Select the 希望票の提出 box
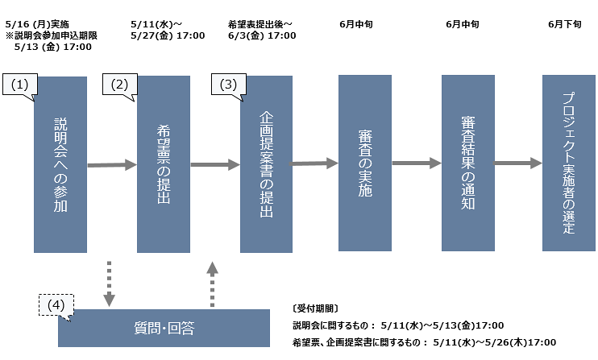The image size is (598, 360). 164,165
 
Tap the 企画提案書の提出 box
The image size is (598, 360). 267,165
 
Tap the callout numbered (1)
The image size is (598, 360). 20,85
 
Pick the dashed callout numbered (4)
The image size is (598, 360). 55,304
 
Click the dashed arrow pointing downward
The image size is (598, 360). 108,283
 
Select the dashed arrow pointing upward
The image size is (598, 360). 212,283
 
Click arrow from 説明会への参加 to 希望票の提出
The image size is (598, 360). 111,165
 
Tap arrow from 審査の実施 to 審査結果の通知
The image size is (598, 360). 416,163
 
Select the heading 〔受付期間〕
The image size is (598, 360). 316,308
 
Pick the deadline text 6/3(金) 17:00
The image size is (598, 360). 262,35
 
